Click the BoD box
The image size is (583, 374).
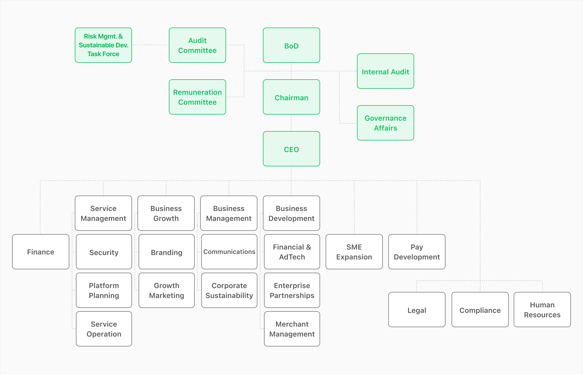tap(291, 45)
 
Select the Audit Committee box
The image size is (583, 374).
tap(197, 45)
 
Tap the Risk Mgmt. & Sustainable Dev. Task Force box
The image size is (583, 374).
tap(103, 45)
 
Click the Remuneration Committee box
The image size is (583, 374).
tap(197, 97)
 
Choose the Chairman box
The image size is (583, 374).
tap(291, 97)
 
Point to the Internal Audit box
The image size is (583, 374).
tap(385, 71)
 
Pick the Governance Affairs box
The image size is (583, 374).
tap(385, 123)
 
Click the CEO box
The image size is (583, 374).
tap(291, 149)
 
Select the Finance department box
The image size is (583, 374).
tap(40, 252)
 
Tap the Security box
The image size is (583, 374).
tap(104, 252)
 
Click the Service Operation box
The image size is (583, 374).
tap(104, 329)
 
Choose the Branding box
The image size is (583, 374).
tap(166, 252)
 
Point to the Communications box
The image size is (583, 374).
tap(229, 252)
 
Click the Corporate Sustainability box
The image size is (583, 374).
tap(229, 290)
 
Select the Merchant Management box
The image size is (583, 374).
tap(292, 329)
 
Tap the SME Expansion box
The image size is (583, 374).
tap(354, 252)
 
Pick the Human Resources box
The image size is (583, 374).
tap(542, 310)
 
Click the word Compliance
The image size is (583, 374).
tap(480, 310)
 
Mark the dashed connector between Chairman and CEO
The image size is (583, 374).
tap(291, 123)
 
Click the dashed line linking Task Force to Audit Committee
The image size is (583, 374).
tap(150, 45)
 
